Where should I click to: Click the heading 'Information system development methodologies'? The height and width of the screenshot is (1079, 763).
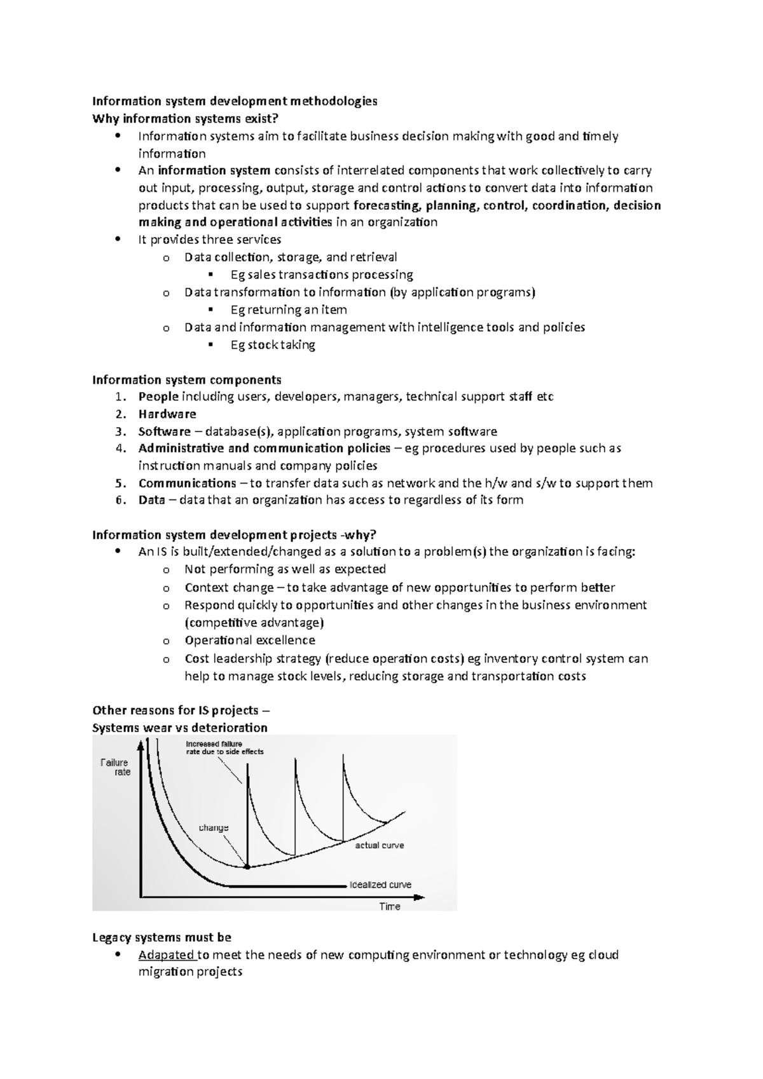(235, 101)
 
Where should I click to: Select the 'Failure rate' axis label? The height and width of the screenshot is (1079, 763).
(115, 767)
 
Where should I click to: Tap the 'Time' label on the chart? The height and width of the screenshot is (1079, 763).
(389, 906)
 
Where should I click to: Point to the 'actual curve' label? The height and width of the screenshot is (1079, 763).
(379, 845)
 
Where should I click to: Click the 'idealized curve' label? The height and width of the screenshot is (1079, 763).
(380, 885)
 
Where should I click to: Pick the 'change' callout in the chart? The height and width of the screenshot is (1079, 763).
(214, 828)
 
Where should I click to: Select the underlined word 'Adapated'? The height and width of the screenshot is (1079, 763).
(167, 955)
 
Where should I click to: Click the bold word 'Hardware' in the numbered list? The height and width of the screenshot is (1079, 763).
(167, 414)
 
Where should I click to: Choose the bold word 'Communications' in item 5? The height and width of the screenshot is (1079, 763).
(187, 483)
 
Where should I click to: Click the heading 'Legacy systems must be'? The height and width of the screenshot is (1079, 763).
(162, 937)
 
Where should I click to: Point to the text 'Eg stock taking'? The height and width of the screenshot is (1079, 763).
(273, 345)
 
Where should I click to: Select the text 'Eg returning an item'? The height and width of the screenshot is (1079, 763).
(289, 310)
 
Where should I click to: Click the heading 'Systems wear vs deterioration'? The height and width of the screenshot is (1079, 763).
(180, 728)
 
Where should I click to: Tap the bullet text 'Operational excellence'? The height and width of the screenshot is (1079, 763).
(250, 641)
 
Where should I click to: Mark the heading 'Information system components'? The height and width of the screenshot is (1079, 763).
(187, 380)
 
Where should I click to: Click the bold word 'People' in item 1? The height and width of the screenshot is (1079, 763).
(158, 397)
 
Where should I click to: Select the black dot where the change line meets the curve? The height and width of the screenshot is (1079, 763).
(247, 867)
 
